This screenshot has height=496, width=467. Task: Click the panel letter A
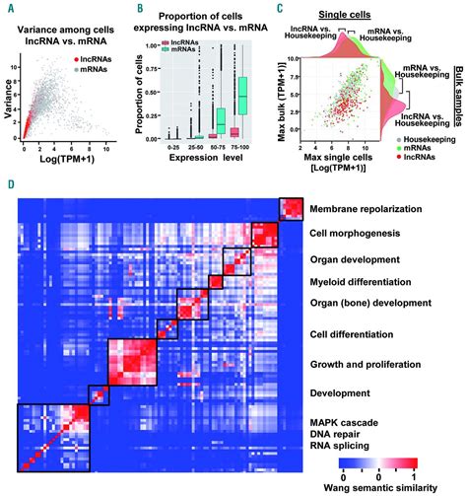[x=11, y=9]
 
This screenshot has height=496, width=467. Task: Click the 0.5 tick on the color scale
[x=369, y=473]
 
